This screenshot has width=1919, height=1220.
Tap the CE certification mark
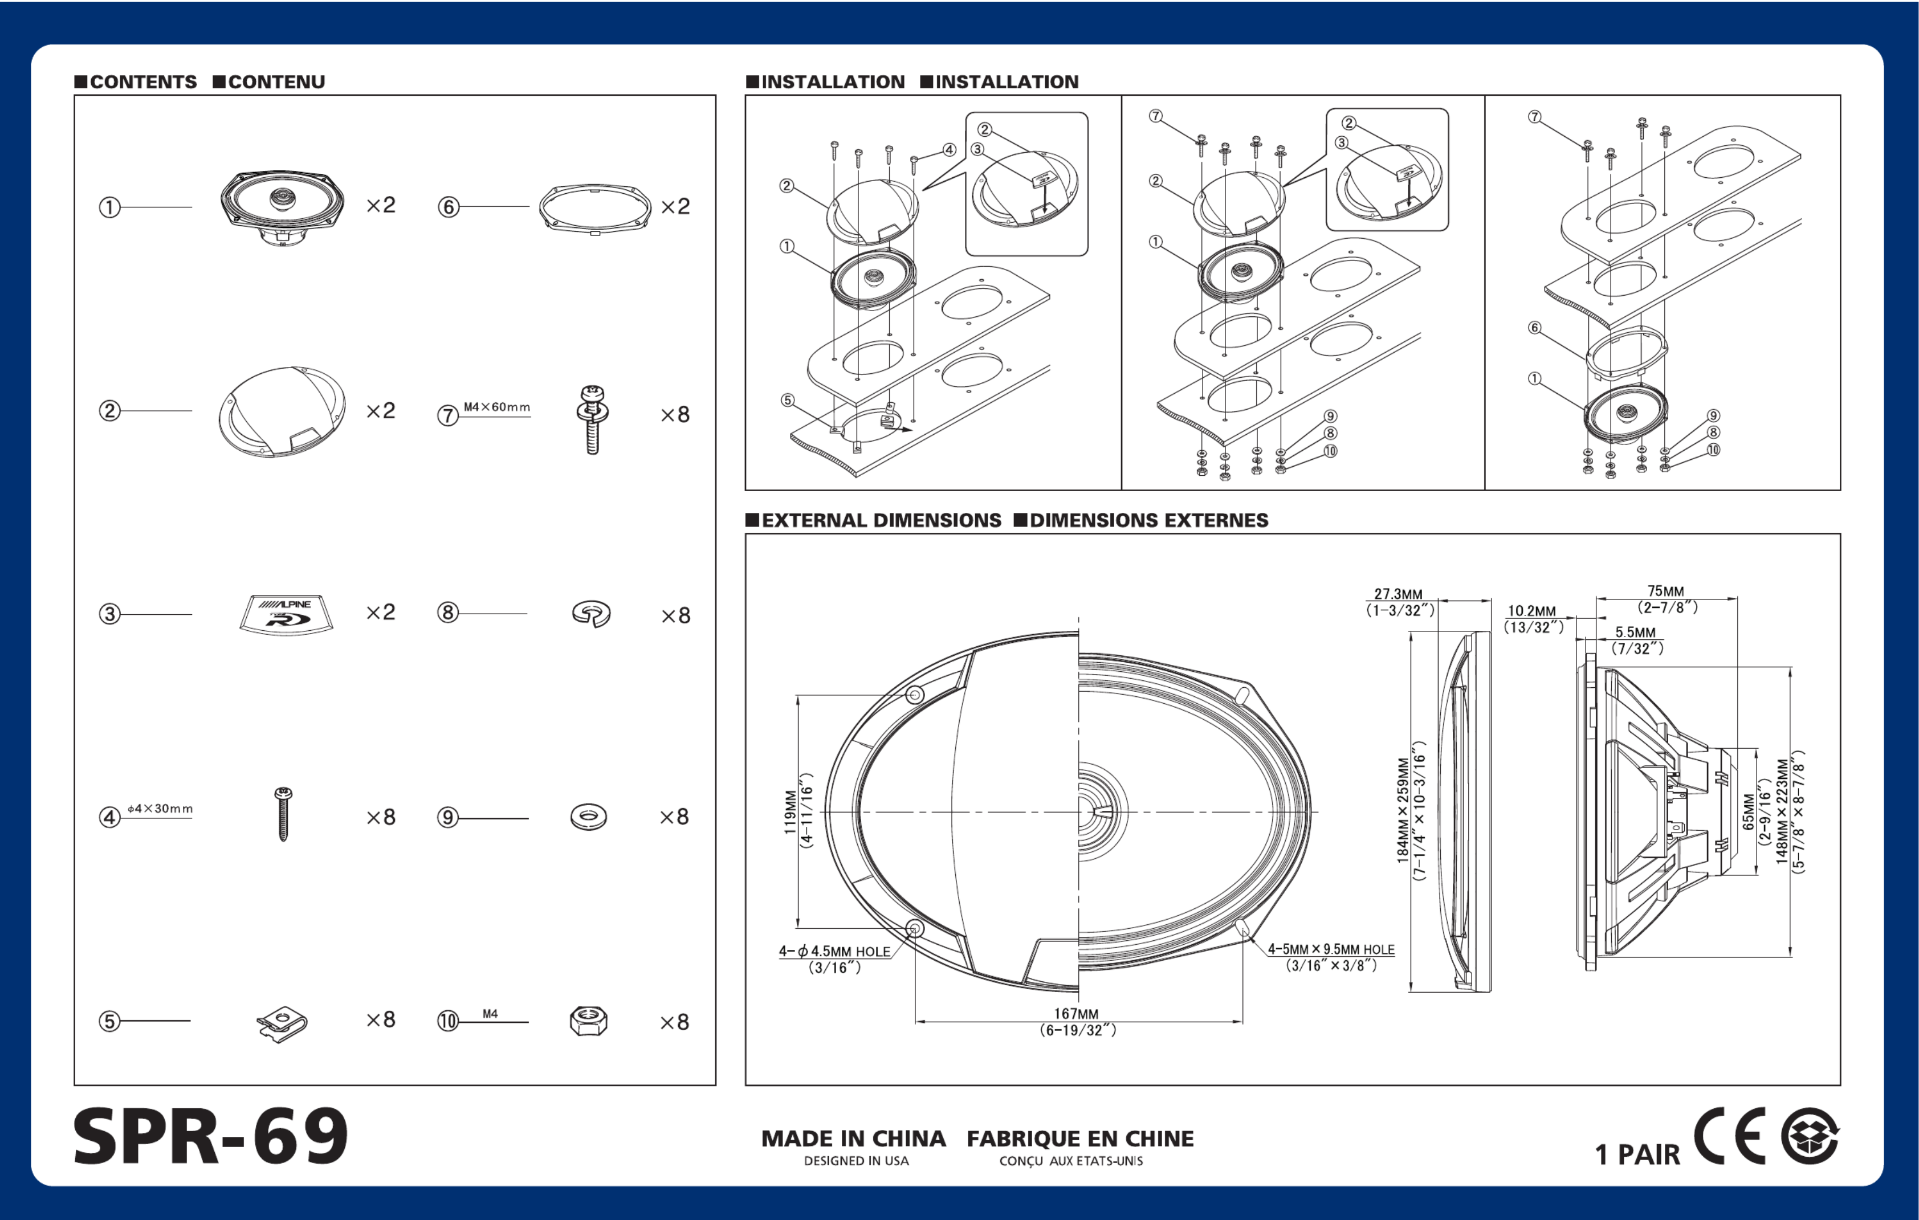pyautogui.click(x=1729, y=1136)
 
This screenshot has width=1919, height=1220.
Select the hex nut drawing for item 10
pyautogui.click(x=589, y=1021)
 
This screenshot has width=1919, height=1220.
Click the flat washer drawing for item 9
pyautogui.click(x=589, y=817)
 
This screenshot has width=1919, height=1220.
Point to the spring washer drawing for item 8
pyautogui.click(x=592, y=614)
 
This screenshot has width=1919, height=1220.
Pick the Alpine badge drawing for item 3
pyautogui.click(x=286, y=614)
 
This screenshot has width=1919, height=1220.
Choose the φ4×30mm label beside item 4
pyautogui.click(x=160, y=809)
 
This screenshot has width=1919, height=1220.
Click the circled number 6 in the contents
pyautogui.click(x=449, y=207)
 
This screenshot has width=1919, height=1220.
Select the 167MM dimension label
pyautogui.click(x=1076, y=1014)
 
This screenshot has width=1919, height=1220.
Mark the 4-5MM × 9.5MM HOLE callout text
pyautogui.click(x=1331, y=949)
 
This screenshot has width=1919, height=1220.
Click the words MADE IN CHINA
pyautogui.click(x=854, y=1139)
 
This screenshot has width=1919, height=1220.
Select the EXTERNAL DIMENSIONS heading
pyautogui.click(x=881, y=520)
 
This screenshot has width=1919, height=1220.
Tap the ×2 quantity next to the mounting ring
pyautogui.click(x=675, y=206)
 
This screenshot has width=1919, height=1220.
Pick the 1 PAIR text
pyautogui.click(x=1637, y=1154)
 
